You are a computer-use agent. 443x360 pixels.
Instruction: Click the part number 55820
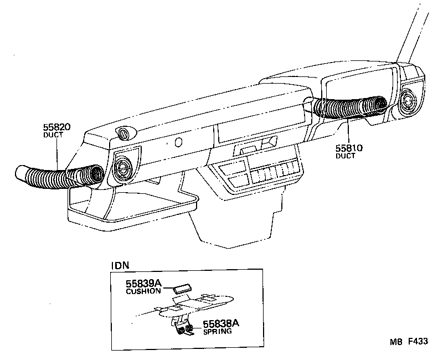point(56,127)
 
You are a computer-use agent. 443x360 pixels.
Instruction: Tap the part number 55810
point(349,148)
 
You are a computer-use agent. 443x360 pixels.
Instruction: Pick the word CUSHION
point(143,291)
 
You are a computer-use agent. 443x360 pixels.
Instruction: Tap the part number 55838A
point(220,323)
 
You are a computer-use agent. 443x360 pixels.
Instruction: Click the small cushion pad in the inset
point(181,289)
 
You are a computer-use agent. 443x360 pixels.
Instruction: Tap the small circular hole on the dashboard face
point(178,143)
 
